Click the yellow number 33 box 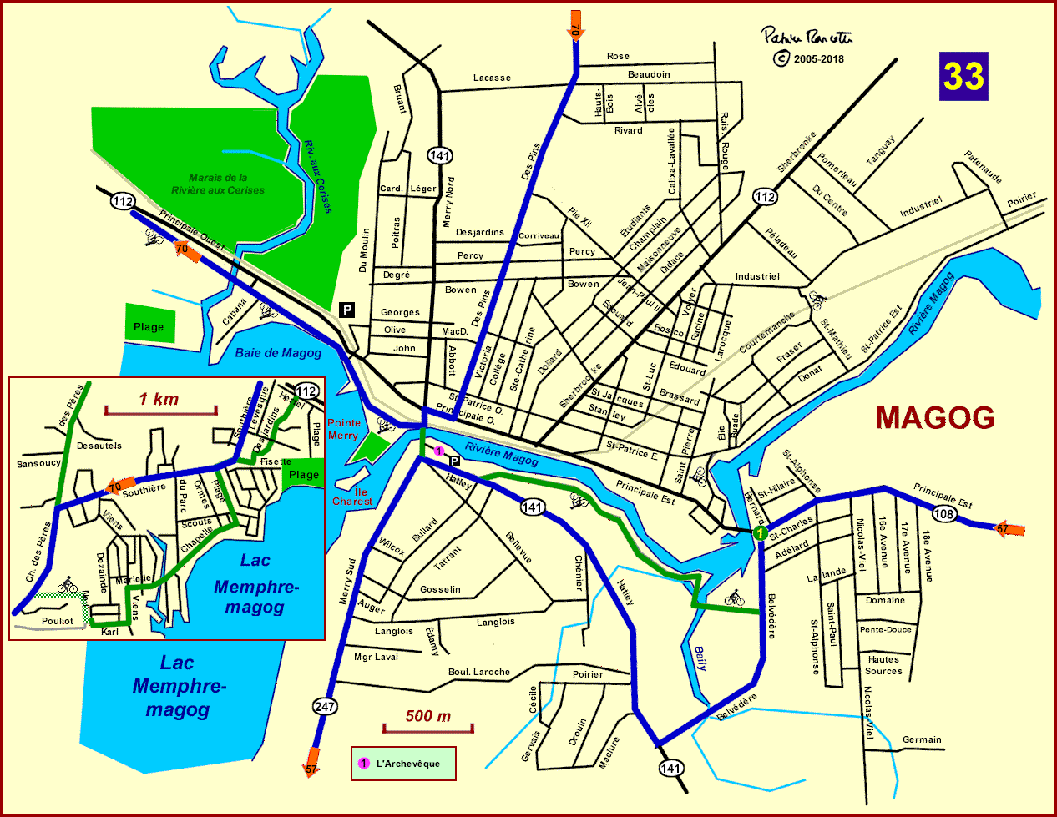click(x=963, y=76)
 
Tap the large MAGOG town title click(x=935, y=417)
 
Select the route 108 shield click(x=943, y=514)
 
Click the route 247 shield click(x=325, y=707)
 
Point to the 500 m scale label click(x=427, y=716)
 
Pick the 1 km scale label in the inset click(x=159, y=399)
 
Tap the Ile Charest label click(x=352, y=497)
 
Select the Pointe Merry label click(x=343, y=429)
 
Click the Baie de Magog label click(x=278, y=353)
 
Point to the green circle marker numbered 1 click(x=760, y=532)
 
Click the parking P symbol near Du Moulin click(x=347, y=310)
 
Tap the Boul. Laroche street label click(x=479, y=672)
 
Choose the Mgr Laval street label click(x=376, y=657)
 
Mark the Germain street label click(x=922, y=739)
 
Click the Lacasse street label click(x=492, y=78)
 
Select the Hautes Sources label click(x=883, y=665)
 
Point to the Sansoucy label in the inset click(x=38, y=463)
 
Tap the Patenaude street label click(x=983, y=167)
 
